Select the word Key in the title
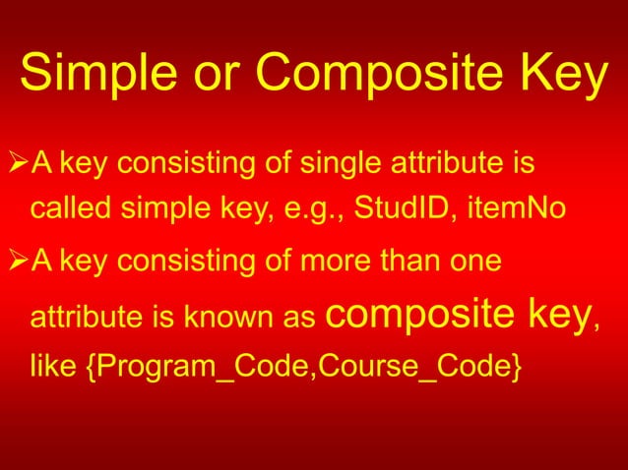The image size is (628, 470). point(563,77)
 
